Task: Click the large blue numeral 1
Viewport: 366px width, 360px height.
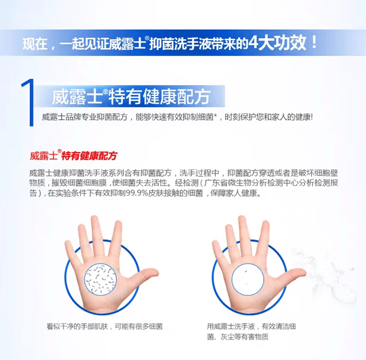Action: click(28, 103)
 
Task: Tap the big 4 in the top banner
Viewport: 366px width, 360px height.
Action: click(253, 43)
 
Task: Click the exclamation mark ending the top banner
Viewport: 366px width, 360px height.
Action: click(314, 42)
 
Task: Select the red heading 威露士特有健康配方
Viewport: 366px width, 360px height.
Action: click(74, 155)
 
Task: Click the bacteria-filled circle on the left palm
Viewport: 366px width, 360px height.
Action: click(101, 279)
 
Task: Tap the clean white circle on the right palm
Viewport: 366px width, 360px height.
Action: click(248, 280)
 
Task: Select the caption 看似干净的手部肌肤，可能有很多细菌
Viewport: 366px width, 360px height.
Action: click(105, 326)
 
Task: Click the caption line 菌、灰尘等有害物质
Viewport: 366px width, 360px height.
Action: click(238, 337)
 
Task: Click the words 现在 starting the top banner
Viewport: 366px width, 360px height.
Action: click(35, 44)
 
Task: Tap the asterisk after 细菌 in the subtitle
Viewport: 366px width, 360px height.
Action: click(215, 116)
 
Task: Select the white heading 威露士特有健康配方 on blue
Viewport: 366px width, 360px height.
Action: click(131, 96)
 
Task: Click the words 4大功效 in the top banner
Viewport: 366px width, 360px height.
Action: click(277, 43)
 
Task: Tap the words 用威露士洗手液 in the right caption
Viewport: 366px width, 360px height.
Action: click(231, 326)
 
